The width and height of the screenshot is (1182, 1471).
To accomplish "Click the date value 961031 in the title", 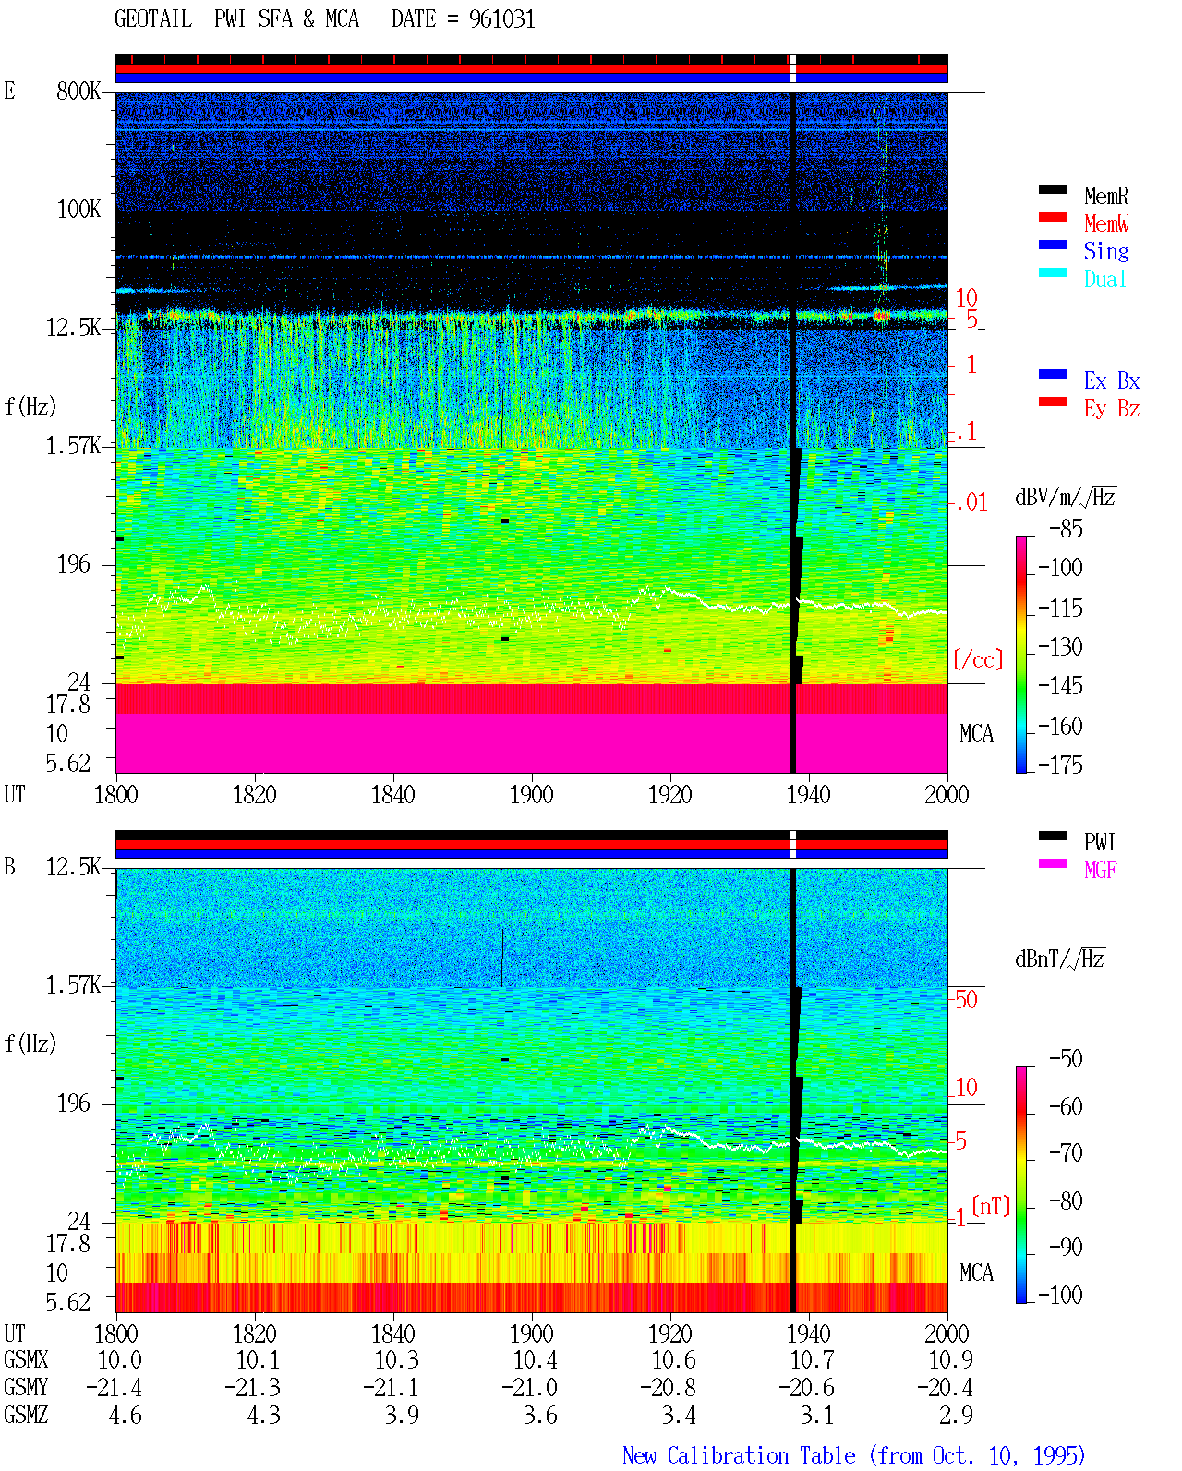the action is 501,19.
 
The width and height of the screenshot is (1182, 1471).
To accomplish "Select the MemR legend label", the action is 1105,196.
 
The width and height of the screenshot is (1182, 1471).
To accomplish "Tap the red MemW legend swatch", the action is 1052,217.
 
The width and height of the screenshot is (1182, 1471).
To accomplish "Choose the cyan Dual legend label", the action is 1104,280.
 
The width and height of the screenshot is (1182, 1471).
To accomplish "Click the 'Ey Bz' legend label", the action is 1111,409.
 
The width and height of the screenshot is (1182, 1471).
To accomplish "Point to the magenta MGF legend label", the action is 1100,870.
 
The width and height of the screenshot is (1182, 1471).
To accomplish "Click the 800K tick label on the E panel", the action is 78,91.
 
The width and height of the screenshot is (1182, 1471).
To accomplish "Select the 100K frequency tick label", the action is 78,210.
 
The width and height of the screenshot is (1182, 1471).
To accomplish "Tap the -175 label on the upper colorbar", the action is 1060,765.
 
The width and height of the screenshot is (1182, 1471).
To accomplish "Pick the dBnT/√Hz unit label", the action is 1059,959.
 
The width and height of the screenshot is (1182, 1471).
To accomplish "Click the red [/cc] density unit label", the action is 978,659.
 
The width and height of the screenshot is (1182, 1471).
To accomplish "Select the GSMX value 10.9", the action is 950,1360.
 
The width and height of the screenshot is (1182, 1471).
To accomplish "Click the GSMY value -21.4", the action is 115,1388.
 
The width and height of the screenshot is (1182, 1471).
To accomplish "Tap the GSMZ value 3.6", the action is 540,1415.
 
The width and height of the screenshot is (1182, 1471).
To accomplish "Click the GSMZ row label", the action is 26,1415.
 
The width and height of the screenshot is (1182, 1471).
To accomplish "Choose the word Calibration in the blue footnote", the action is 761,1455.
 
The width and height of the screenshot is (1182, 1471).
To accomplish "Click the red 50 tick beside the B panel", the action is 966,1000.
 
